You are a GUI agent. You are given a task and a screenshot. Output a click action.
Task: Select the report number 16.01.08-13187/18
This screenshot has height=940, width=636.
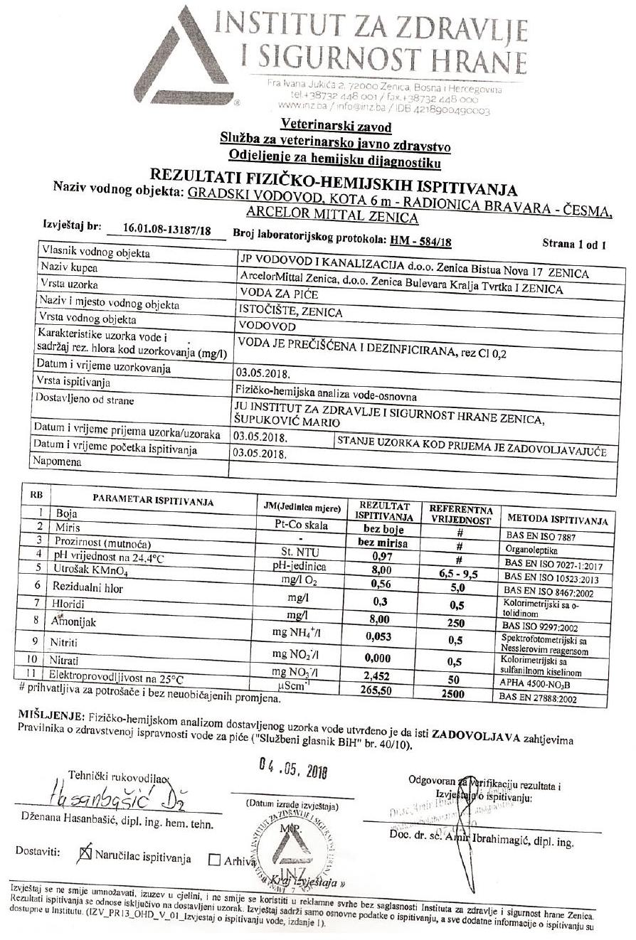161,229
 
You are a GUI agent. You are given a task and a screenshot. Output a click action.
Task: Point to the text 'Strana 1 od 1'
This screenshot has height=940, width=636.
574,245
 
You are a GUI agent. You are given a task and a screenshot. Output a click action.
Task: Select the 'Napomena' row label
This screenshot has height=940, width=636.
57,461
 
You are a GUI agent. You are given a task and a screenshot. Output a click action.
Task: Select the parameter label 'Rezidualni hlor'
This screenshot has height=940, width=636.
88,587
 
